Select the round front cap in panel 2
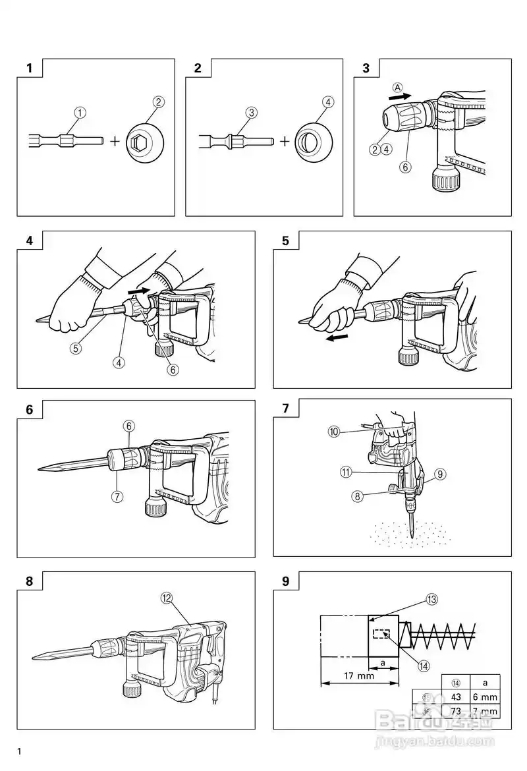pyautogui.click(x=315, y=140)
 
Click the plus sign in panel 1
pyautogui.click(x=115, y=140)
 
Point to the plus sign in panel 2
pyautogui.click(x=285, y=140)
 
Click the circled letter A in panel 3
pyautogui.click(x=397, y=86)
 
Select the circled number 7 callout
pyautogui.click(x=117, y=496)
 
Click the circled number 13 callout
pyautogui.click(x=431, y=599)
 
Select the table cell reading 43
pyautogui.click(x=455, y=697)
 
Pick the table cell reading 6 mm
pyautogui.click(x=485, y=697)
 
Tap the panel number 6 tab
pyautogui.click(x=29, y=409)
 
